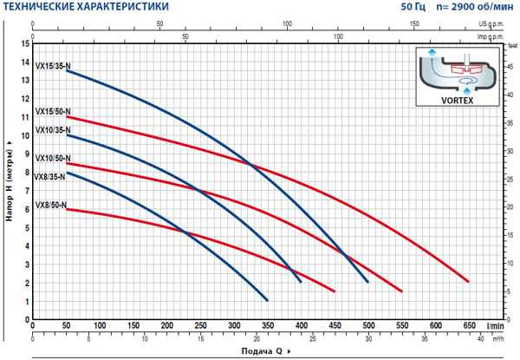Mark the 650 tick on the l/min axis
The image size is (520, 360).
(469, 324)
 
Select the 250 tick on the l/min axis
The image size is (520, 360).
(201, 324)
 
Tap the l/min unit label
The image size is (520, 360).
(496, 324)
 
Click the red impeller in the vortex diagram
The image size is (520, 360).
(465, 67)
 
